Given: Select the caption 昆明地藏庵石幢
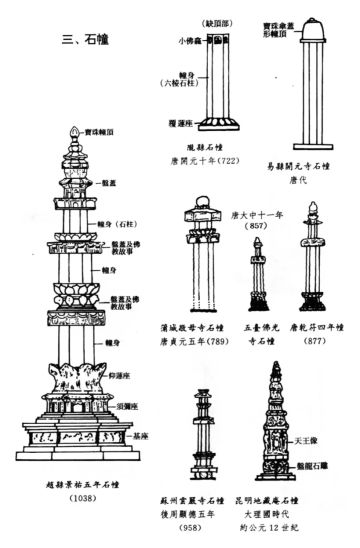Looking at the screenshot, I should coord(295,497).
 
